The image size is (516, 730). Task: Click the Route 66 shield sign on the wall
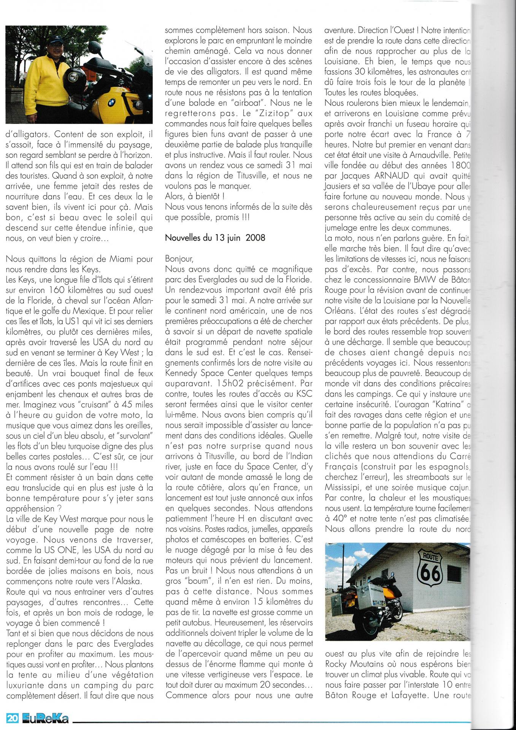coord(429,567)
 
